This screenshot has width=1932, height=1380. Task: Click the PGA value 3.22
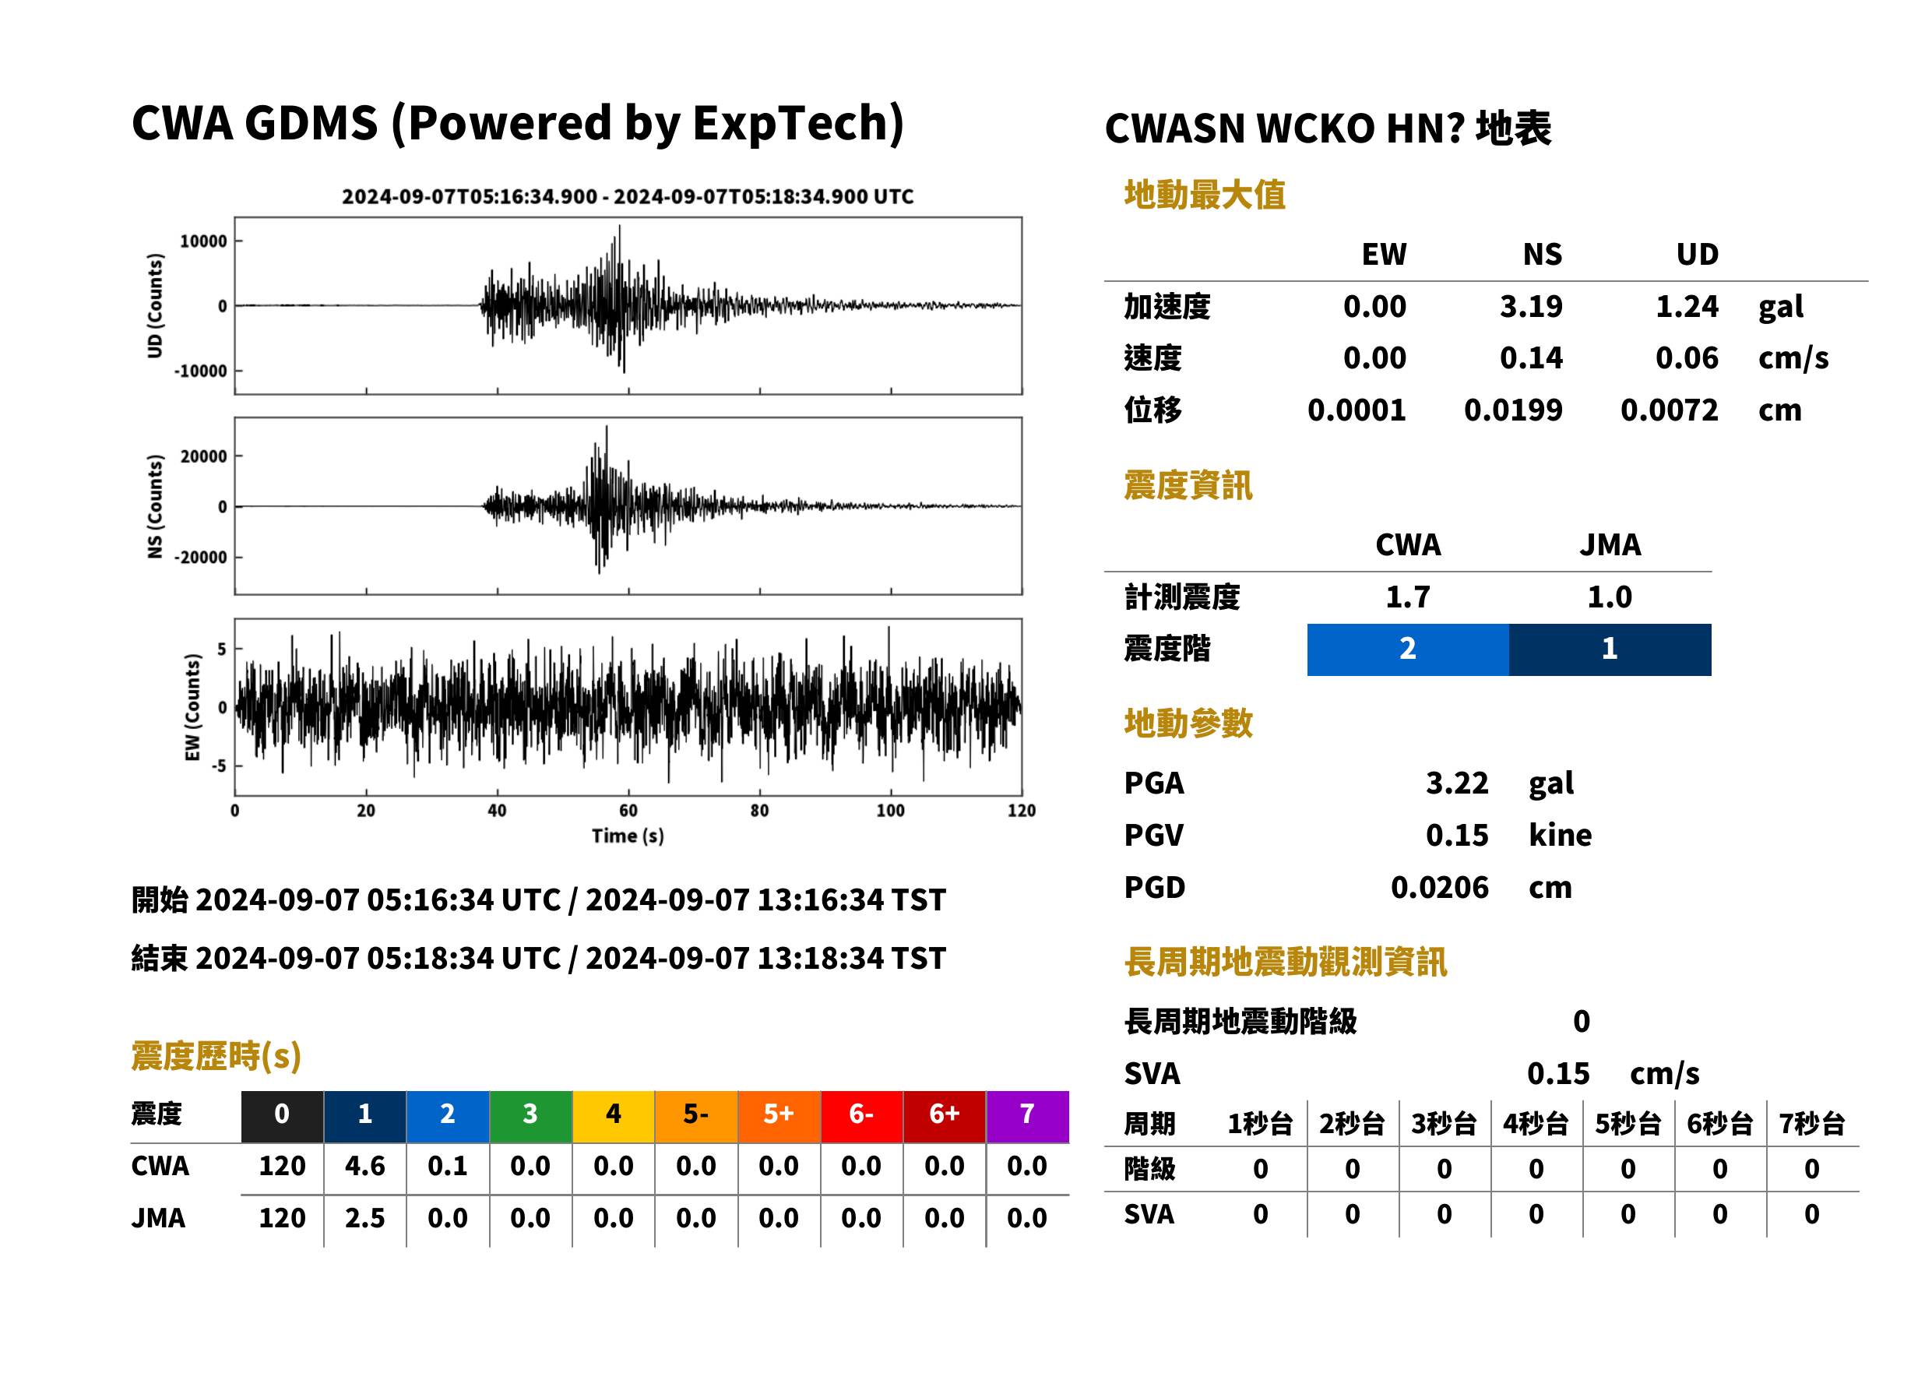pos(1456,783)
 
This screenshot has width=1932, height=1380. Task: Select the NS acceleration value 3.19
pos(1530,306)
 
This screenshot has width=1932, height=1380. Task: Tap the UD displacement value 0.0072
pos(1669,410)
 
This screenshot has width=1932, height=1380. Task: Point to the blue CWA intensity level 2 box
pos(1407,650)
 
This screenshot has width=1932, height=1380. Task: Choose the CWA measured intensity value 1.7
pos(1407,597)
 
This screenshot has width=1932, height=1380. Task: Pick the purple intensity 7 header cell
pos(1026,1116)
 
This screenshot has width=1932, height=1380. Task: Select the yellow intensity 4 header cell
pos(613,1116)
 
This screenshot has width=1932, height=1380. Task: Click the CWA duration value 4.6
pos(364,1166)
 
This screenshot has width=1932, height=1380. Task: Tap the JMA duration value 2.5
pos(364,1218)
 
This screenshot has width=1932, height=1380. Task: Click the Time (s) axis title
pos(627,836)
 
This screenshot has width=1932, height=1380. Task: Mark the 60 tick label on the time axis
pos(628,810)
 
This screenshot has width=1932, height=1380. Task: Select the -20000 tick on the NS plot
pos(200,558)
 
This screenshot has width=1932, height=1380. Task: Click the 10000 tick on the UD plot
pos(203,241)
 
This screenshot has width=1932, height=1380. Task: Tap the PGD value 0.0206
pos(1439,887)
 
